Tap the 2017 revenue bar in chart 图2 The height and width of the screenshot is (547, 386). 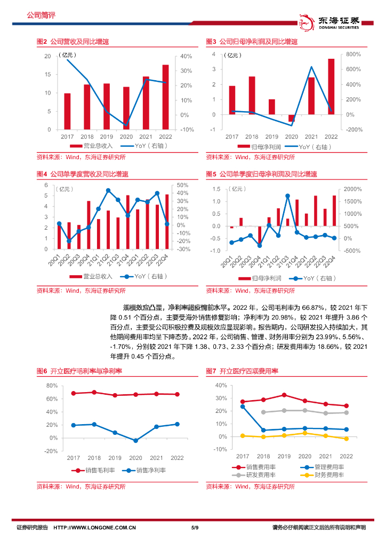point(67,111)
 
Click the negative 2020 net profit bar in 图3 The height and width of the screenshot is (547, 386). point(291,118)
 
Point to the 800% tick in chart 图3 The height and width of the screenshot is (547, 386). point(353,54)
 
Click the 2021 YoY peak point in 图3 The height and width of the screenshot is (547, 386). point(311,67)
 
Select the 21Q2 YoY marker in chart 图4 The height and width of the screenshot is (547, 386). point(108,190)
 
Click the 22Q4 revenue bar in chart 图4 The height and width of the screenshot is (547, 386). point(167,221)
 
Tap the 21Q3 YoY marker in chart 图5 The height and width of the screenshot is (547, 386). point(288,196)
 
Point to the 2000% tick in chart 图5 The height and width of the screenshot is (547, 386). point(353,189)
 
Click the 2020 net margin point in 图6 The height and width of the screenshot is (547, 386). point(135,441)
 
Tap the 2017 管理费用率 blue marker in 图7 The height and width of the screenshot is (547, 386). point(243,407)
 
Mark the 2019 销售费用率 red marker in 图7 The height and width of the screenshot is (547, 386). point(284,395)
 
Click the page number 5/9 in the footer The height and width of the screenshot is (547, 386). point(194,528)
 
